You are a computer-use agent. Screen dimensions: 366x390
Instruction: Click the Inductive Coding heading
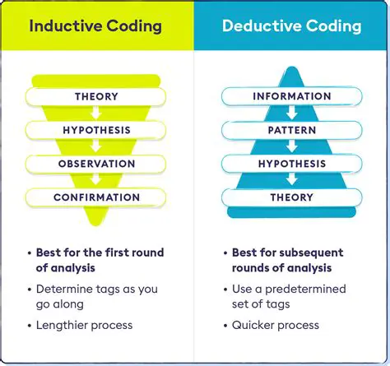point(97,25)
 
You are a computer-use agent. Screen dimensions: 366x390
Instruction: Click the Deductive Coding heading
point(291,25)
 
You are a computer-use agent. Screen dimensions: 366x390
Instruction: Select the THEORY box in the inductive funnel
point(96,97)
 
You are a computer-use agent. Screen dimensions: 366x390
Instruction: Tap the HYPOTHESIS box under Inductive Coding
point(96,130)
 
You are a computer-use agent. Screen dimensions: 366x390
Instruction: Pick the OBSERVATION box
point(96,164)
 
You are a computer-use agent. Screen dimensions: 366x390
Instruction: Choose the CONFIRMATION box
point(96,197)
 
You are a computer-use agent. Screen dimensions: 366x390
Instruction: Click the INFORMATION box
point(291,97)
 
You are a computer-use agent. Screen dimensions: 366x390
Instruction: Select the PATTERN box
point(291,130)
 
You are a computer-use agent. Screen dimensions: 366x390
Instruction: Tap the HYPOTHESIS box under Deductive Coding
point(291,164)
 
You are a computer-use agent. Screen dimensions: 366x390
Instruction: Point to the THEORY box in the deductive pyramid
point(291,197)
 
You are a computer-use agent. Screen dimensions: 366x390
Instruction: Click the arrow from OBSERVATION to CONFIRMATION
point(96,181)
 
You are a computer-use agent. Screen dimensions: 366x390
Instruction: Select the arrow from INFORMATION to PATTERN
point(291,114)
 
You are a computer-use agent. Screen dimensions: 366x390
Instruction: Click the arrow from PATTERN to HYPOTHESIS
point(291,147)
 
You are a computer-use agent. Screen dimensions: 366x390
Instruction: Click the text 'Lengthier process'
point(84,325)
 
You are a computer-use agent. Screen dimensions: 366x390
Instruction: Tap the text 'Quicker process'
point(276,325)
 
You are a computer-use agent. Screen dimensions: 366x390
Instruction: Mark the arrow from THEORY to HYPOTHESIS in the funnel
point(96,114)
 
